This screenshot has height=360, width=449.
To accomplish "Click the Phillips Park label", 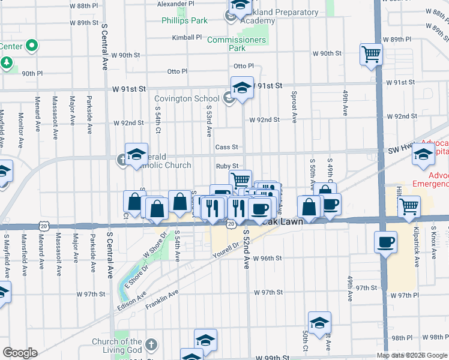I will click(184, 20).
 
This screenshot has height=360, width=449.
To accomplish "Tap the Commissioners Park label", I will click(236, 44).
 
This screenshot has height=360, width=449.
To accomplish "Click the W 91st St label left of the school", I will click(129, 88).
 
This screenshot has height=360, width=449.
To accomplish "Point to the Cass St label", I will click(227, 147).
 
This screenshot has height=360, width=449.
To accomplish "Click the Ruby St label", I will click(228, 166).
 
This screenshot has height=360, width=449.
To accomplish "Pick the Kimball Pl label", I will click(187, 37).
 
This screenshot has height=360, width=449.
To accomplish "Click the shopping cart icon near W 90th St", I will click(372, 55).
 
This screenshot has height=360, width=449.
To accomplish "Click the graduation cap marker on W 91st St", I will click(242, 88).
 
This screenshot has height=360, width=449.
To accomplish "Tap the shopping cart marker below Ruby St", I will click(240, 179).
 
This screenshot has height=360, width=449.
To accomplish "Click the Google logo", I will click(20, 353).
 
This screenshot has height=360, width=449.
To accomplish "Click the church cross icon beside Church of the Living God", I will click(151, 345).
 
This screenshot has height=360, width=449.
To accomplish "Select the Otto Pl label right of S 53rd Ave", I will click(244, 66).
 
